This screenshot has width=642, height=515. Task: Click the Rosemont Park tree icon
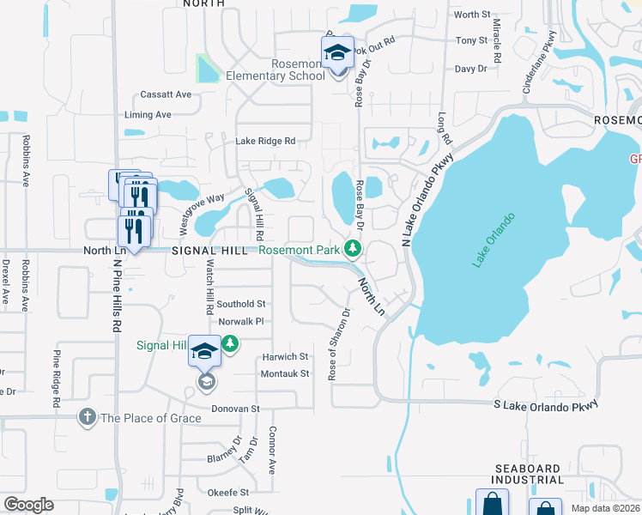pos(352,250)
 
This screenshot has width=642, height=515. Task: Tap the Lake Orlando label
pos(493,239)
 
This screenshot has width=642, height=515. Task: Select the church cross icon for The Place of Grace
pos(86,418)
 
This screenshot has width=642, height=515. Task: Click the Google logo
pos(28,505)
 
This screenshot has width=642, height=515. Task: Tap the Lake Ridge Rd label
pos(265,141)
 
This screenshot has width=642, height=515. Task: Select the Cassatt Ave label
pos(167,94)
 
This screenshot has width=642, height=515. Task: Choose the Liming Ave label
pos(148,115)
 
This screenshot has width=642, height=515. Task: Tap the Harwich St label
pos(285,356)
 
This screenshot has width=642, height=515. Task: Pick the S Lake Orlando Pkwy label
pos(545,404)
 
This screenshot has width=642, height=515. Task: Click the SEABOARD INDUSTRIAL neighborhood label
pos(529,473)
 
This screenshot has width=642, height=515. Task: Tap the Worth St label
pos(472,15)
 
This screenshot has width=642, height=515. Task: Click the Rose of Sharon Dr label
pos(338,343)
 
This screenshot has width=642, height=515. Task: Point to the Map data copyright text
pos(604,508)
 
